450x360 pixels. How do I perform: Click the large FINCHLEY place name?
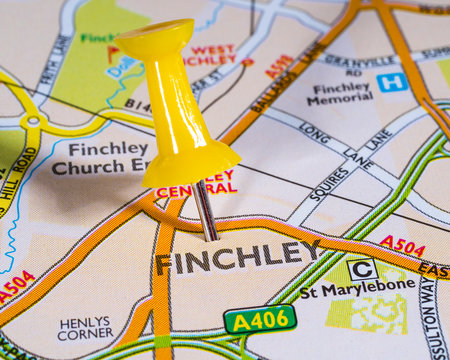click(238, 257)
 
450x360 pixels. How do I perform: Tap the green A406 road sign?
click(260, 319)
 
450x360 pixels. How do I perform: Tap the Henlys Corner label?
click(86, 329)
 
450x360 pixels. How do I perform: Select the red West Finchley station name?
click(210, 55)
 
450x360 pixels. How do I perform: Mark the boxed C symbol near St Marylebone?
click(362, 268)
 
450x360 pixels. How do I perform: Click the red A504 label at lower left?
click(17, 285)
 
